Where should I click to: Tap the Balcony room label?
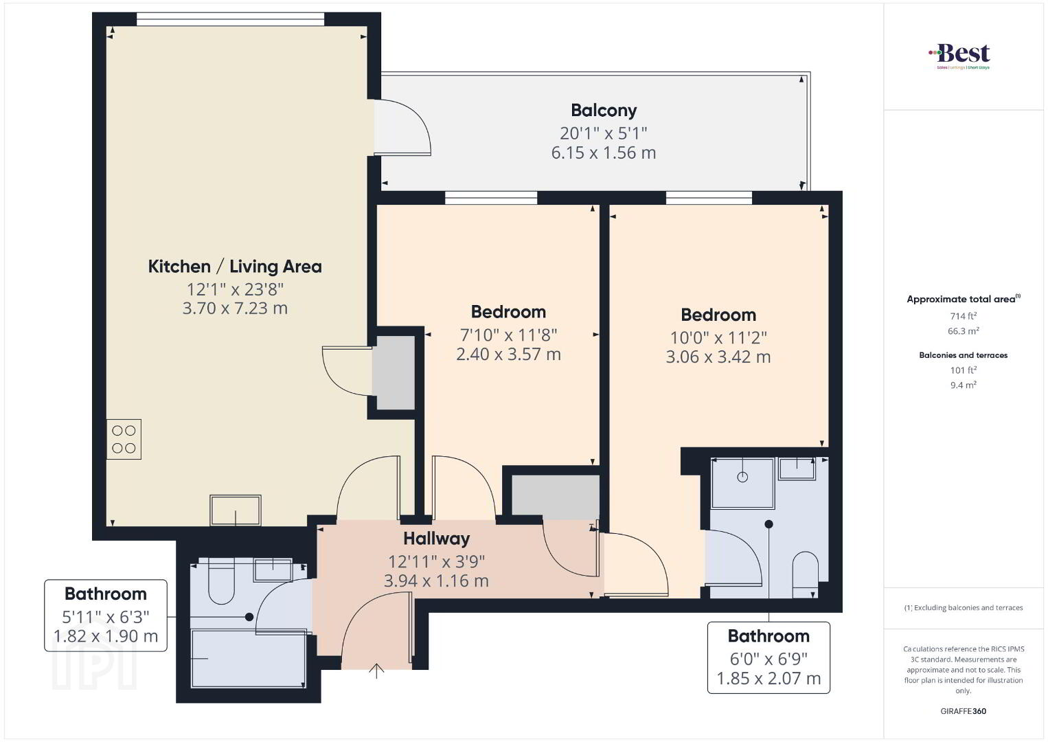(x=604, y=111)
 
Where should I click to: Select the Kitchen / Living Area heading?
(x=235, y=267)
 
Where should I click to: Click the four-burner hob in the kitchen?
(x=124, y=439)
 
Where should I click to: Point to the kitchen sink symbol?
(x=236, y=510)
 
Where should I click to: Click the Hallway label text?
(x=437, y=539)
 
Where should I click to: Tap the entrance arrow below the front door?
(x=376, y=671)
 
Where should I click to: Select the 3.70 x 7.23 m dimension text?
(x=235, y=308)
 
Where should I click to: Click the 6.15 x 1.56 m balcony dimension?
(x=604, y=153)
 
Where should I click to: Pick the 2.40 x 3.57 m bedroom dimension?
(x=509, y=355)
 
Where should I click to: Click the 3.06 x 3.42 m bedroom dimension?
(x=718, y=357)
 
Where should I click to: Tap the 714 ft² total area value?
(x=964, y=316)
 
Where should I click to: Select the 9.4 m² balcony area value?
(x=964, y=385)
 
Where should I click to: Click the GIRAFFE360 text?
(x=964, y=711)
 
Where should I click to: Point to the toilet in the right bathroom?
(x=805, y=574)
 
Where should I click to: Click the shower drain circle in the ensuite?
(x=742, y=477)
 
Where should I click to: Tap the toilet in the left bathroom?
(x=220, y=581)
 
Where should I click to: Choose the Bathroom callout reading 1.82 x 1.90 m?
(x=106, y=615)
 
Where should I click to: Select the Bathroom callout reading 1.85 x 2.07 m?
(x=768, y=657)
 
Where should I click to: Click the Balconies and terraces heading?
(x=964, y=355)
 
